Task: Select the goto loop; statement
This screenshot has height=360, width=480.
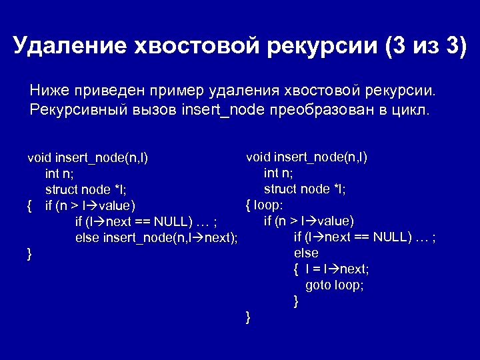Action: tap(334, 285)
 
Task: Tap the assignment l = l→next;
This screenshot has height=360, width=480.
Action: tap(337, 269)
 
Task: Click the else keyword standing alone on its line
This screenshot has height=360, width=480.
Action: tap(306, 253)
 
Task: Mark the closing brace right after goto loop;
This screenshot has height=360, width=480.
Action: tap(296, 301)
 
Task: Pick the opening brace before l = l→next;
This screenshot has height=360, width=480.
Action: tap(295, 269)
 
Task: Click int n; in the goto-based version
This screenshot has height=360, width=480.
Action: tap(279, 173)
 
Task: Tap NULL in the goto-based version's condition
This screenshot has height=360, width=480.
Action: tap(393, 237)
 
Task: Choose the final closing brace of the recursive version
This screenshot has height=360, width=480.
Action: tap(29, 254)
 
